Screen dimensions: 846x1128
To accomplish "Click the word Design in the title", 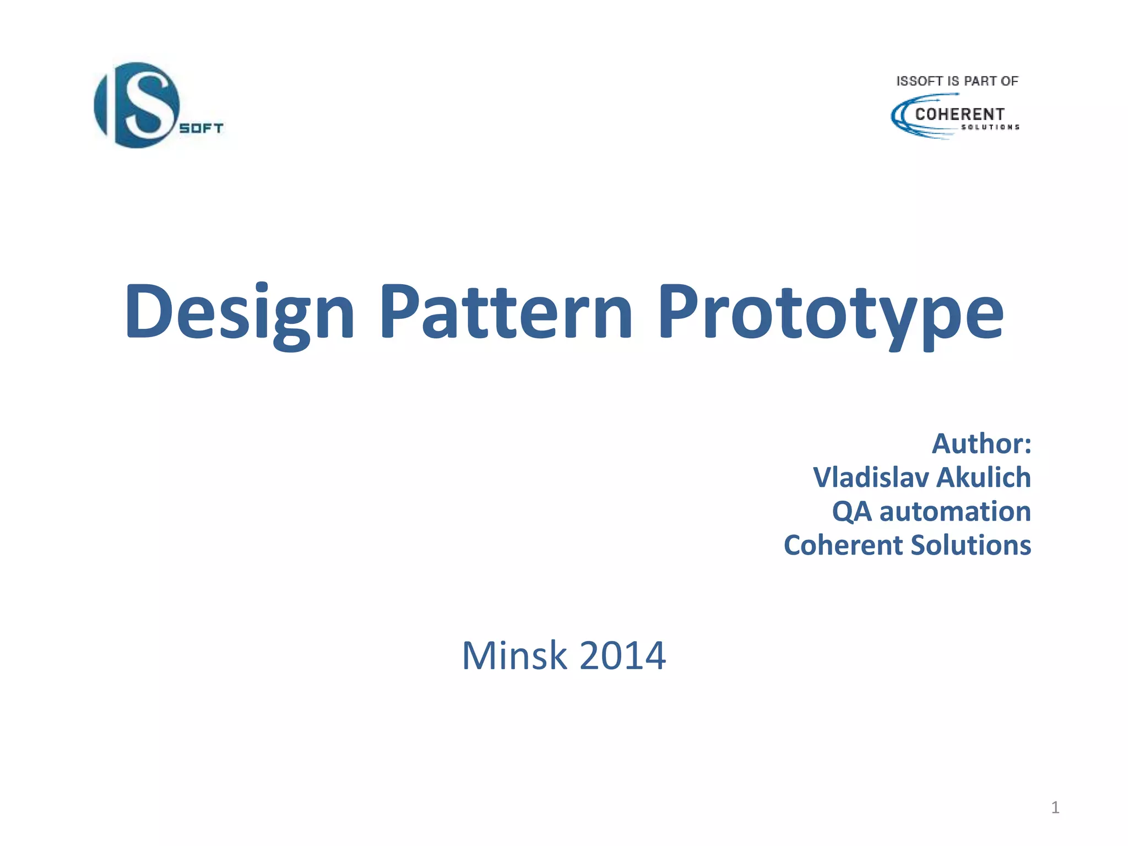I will [240, 312].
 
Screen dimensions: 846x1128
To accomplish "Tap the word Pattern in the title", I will [506, 312].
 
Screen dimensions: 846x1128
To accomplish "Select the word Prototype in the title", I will [831, 312].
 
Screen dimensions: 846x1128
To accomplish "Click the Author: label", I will [981, 444].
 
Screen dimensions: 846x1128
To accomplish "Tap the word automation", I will [955, 512].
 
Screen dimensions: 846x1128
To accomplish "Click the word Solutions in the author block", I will [970, 545].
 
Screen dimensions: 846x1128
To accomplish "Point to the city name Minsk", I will [514, 656].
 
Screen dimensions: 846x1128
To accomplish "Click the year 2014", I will [622, 656].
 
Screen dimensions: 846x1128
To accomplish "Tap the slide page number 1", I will [1055, 807].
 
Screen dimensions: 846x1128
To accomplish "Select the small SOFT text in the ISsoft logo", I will [202, 128].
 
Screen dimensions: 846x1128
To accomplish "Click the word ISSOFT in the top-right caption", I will [919, 82].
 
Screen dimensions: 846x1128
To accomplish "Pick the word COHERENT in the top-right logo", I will [959, 114].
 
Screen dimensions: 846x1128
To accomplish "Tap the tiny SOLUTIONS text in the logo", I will [990, 127].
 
